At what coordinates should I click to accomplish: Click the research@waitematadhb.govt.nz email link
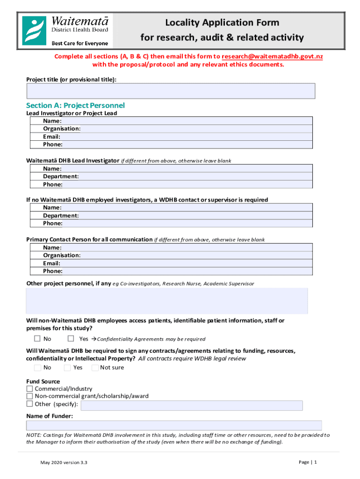click(x=272, y=56)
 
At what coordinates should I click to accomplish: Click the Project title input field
click(x=171, y=91)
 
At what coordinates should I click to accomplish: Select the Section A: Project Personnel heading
click(x=75, y=105)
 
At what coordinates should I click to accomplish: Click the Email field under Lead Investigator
click(x=187, y=137)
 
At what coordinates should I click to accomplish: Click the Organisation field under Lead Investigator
click(x=196, y=129)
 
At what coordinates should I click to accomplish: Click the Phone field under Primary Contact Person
click(x=187, y=271)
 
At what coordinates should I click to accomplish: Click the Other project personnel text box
click(x=167, y=301)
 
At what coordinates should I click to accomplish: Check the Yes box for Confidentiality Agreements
click(x=71, y=339)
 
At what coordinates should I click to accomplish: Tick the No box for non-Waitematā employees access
click(x=37, y=339)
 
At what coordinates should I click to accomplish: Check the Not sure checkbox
click(x=95, y=367)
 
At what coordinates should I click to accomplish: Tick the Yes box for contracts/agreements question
click(x=67, y=367)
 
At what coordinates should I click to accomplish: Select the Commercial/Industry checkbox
click(x=30, y=389)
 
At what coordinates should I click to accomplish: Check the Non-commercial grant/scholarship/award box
click(x=30, y=396)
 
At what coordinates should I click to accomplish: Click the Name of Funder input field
click(x=174, y=425)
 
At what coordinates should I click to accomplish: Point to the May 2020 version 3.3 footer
click(x=64, y=463)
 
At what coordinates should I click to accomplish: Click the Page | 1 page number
click(x=308, y=462)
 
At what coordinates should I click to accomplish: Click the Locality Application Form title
click(x=222, y=22)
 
